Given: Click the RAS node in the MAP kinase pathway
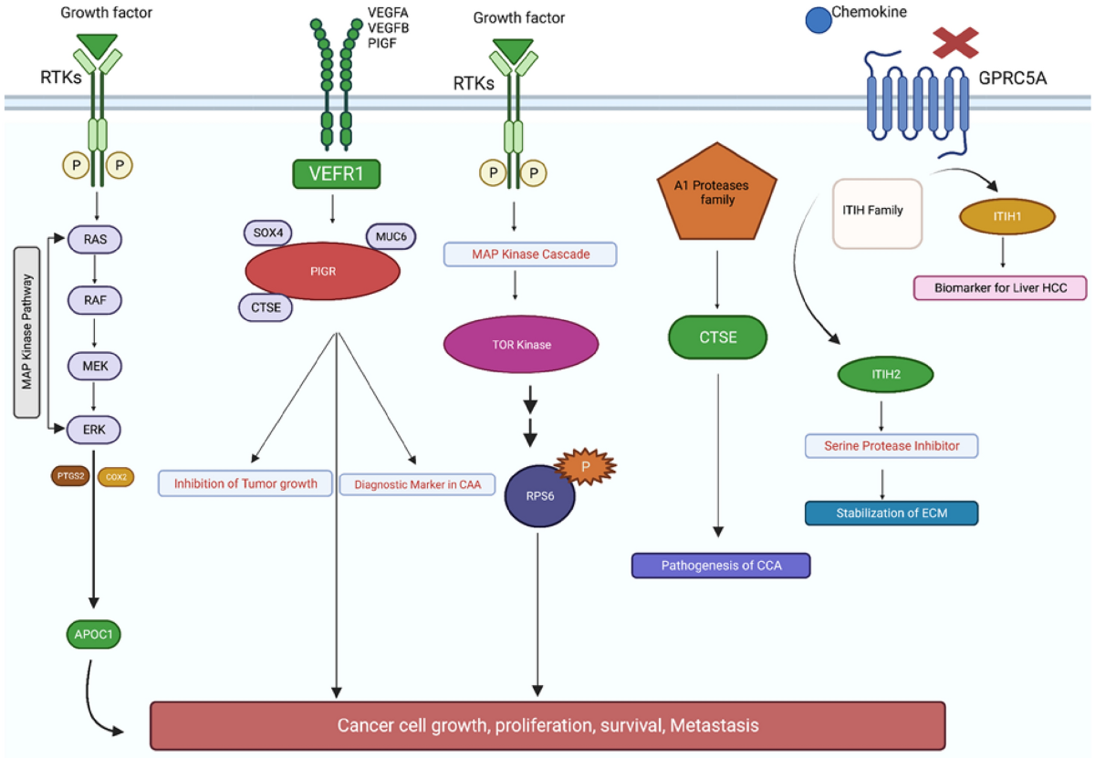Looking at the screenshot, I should click(95, 240).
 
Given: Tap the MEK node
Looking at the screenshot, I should click(95, 366).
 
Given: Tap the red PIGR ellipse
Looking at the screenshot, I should click(322, 271).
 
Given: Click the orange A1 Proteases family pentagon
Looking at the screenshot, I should click(716, 196).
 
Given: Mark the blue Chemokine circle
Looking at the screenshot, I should click(817, 20).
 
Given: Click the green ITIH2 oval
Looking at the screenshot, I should click(885, 374).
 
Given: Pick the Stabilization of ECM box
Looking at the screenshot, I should click(891, 512).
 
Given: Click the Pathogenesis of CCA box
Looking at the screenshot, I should click(721, 566).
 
